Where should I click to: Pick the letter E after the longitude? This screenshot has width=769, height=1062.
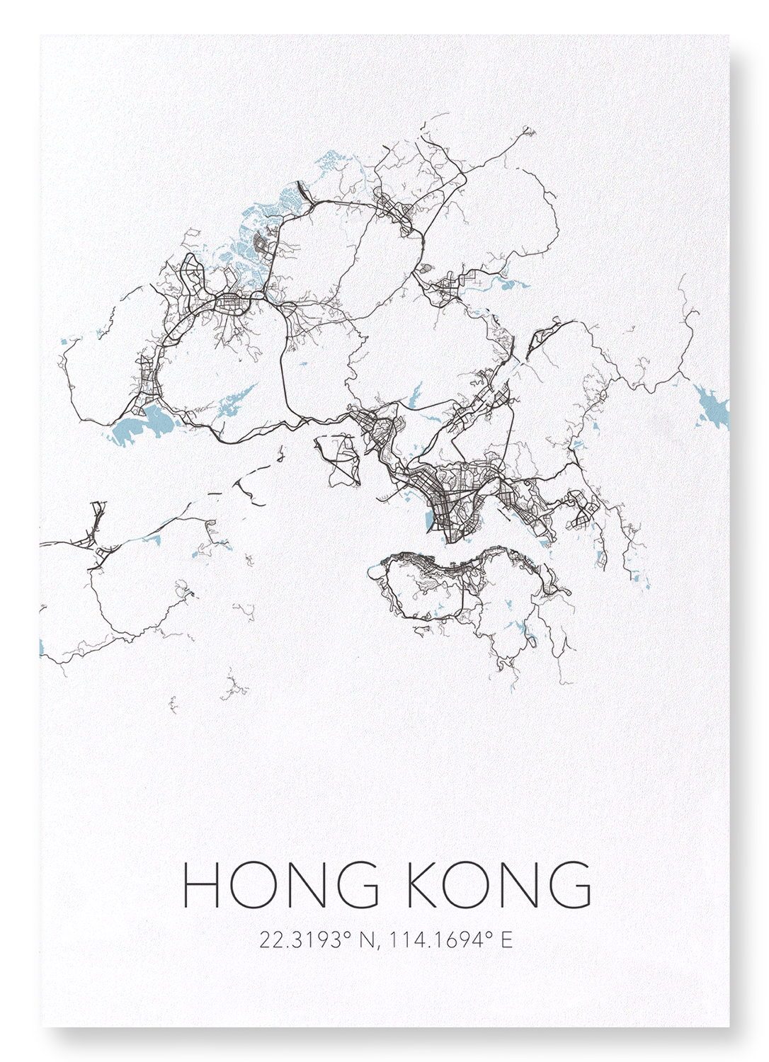point(506,940)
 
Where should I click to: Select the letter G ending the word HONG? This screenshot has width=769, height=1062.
point(355,885)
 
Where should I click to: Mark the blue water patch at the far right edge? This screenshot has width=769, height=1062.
point(712,407)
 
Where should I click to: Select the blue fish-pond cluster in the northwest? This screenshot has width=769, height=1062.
point(255,227)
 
